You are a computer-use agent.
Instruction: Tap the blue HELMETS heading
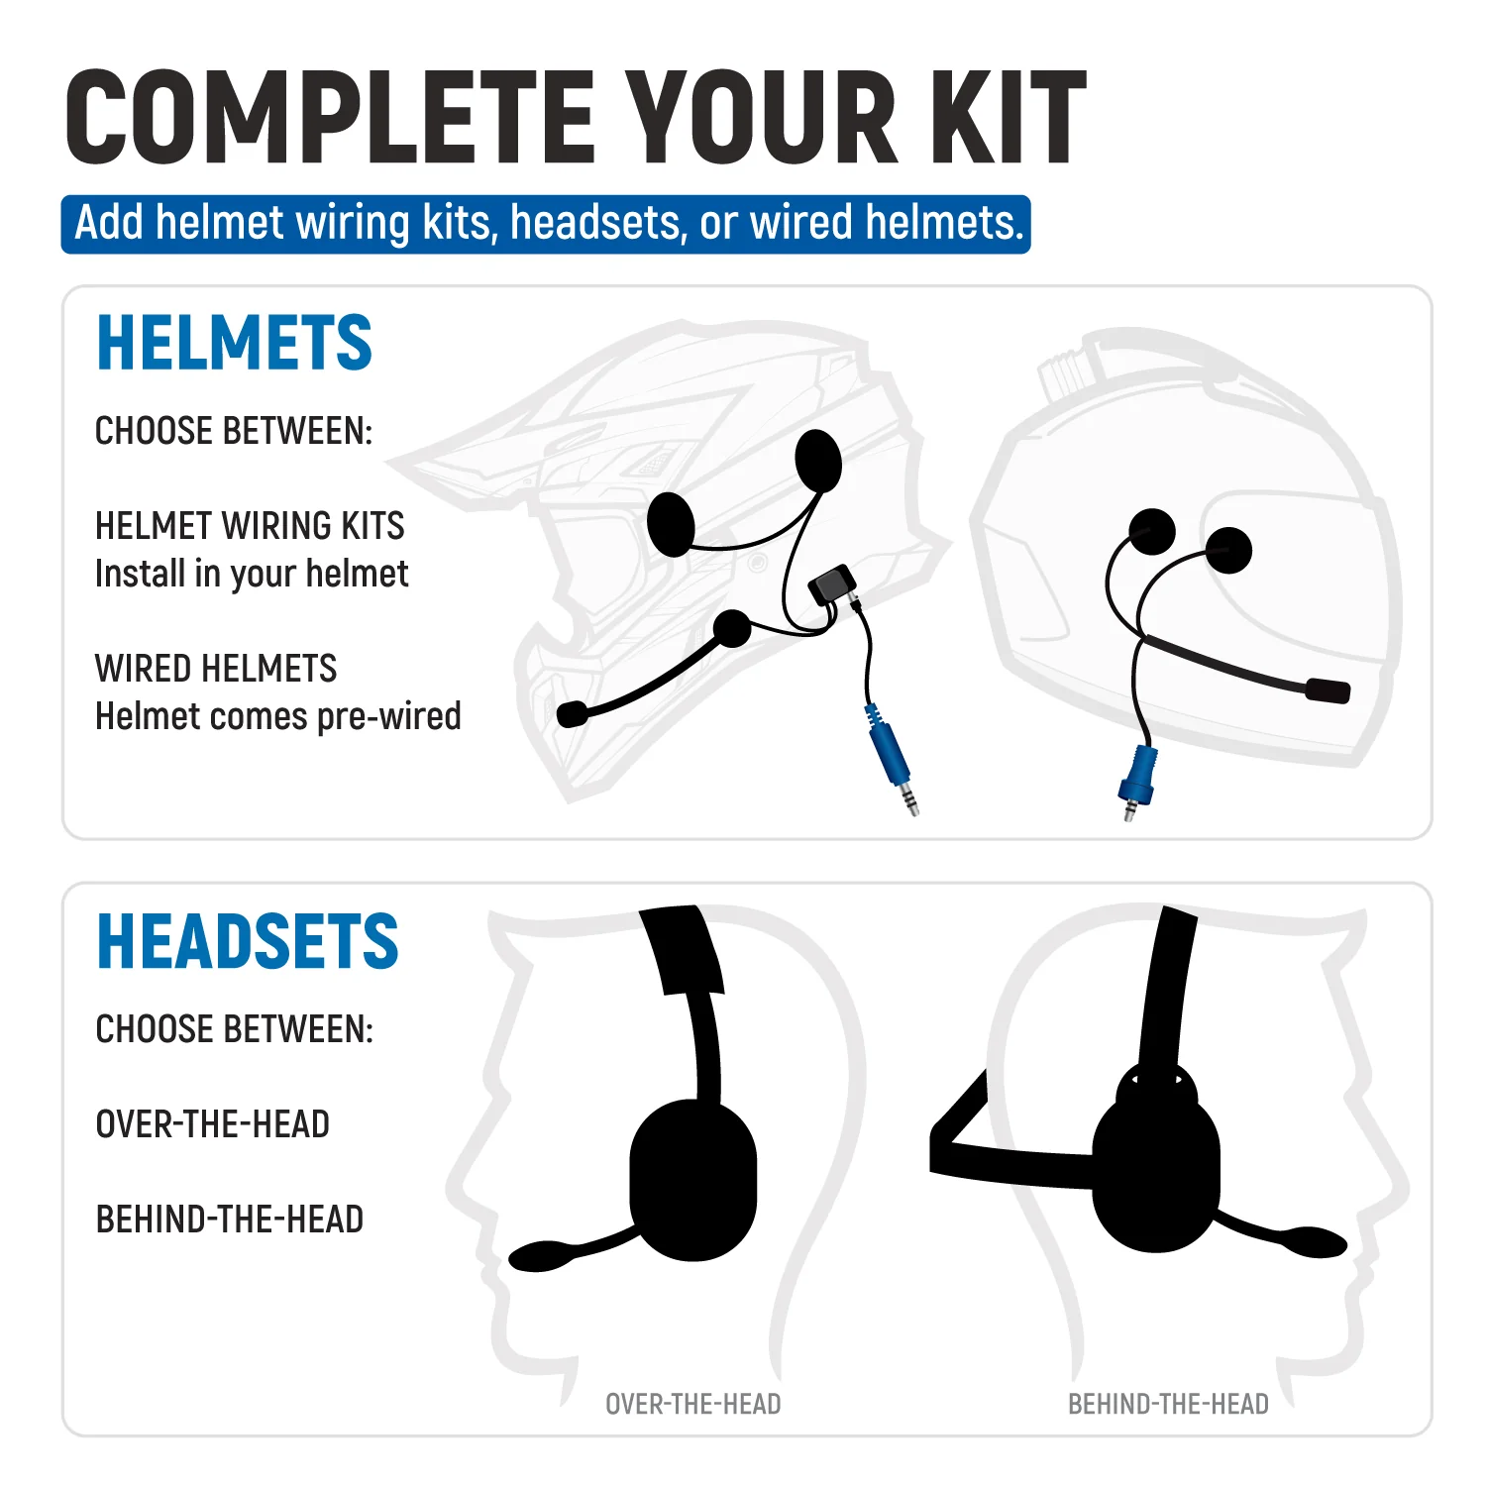click(234, 343)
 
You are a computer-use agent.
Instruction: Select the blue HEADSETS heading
click(248, 941)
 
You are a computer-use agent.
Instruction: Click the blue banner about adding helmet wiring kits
click(546, 224)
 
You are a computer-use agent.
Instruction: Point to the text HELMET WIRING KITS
click(250, 525)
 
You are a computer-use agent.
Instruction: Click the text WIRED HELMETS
click(216, 669)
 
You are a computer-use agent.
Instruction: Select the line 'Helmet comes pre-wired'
click(278, 716)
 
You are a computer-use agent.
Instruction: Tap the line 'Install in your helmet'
click(252, 574)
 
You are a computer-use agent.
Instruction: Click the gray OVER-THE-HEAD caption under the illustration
click(693, 1404)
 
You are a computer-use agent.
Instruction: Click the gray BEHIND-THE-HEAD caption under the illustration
click(1168, 1404)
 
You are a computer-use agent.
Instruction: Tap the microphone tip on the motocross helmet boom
click(573, 713)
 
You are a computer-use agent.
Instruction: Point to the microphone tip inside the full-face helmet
click(1328, 690)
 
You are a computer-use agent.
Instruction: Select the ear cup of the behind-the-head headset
click(1156, 1174)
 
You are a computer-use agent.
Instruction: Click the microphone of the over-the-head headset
click(540, 1256)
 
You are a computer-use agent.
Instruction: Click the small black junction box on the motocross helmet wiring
click(832, 584)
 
